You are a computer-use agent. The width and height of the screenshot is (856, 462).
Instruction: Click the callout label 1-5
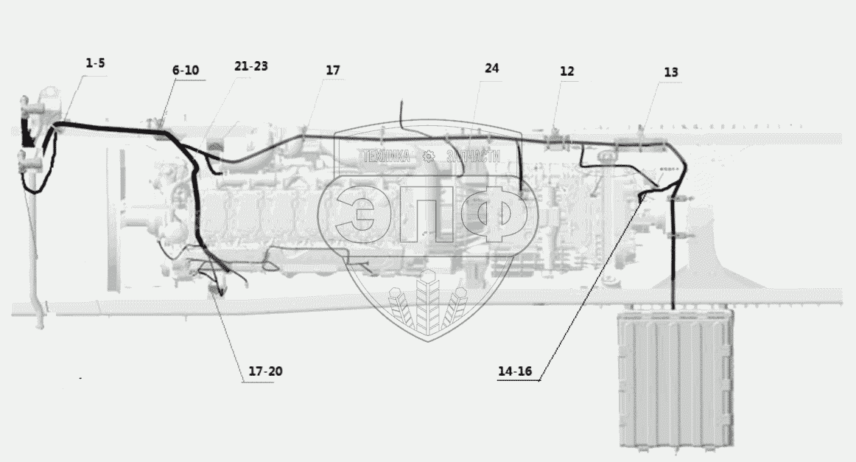pos(95,63)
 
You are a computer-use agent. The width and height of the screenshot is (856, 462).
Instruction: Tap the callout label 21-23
pos(250,66)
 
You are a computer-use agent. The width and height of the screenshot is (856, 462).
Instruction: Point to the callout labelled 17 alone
pos(333,70)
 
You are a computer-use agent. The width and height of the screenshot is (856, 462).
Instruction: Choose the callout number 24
pos(491,68)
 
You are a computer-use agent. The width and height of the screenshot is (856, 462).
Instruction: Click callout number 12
pos(566,71)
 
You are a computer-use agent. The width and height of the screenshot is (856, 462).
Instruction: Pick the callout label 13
pos(670,72)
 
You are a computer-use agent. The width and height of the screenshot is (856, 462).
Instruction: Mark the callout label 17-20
pos(265,371)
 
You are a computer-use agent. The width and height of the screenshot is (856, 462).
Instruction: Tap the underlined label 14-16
pos(514,371)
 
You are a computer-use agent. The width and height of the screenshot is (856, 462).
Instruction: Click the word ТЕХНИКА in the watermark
pos(385,156)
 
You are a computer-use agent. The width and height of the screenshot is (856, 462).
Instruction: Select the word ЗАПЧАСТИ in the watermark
pos(470,156)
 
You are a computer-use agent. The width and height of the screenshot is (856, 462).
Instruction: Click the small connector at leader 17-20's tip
pos(216,290)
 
